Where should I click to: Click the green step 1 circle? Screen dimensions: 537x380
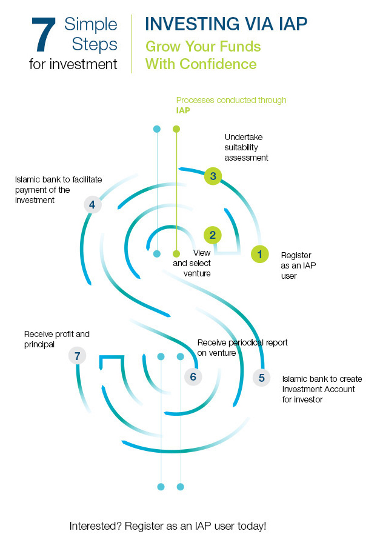260,255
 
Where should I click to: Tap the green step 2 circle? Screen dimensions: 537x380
212,235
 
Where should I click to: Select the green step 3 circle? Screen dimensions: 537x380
212,176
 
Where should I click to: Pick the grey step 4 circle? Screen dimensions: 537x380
92,205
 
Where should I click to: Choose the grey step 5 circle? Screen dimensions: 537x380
262,378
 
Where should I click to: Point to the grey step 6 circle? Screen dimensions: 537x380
193,377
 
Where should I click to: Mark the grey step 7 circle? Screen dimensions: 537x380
77,356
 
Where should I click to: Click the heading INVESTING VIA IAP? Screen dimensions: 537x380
226,24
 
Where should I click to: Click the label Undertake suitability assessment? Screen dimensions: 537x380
246,147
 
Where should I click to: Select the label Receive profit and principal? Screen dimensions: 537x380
56,339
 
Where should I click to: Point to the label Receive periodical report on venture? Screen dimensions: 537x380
242,348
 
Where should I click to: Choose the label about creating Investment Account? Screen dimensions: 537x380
319,389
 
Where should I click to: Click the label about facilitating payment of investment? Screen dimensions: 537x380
58,190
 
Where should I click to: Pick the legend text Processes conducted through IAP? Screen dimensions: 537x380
230,105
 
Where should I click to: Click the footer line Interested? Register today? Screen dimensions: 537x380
168,525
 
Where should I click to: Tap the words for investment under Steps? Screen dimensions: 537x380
73,64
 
